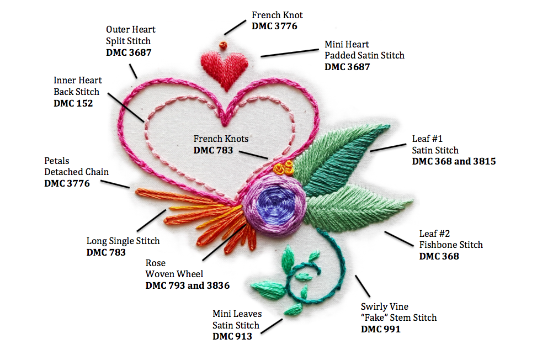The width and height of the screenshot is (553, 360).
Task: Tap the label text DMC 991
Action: coord(380,329)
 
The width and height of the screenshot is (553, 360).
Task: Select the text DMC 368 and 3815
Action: coord(454,161)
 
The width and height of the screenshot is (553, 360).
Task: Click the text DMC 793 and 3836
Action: coord(187,285)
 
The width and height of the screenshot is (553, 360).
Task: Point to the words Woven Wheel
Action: coord(174,274)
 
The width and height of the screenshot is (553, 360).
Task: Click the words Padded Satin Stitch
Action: coord(364,55)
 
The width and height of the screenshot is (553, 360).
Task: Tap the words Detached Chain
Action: coord(76,172)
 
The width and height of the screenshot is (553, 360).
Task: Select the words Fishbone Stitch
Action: coord(451,245)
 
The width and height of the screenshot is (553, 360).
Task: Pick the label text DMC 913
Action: coord(232,336)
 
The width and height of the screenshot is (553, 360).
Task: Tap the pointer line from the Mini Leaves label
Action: coord(273,325)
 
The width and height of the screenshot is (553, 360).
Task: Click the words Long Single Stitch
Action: coord(123,241)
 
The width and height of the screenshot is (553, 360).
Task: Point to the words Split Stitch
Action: coord(128,41)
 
